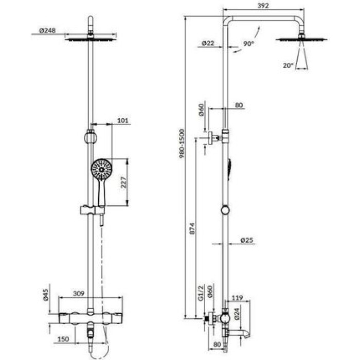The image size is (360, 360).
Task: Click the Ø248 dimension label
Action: [47, 30]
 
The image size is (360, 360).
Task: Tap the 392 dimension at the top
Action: [263, 6]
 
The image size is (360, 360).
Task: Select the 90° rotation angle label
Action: [248, 43]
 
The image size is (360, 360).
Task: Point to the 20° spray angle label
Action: [288, 65]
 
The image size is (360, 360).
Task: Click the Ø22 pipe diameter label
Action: [208, 43]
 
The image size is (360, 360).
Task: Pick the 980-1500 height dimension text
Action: [182, 143]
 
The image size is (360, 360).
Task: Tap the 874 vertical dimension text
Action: [192, 228]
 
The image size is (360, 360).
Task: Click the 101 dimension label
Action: [123, 120]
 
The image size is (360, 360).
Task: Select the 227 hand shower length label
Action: [123, 183]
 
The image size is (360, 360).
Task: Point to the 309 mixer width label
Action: [79, 294]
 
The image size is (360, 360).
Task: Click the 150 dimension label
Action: [63, 339]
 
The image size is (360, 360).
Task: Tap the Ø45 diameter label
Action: [45, 295]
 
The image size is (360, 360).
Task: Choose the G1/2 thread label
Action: [201, 293]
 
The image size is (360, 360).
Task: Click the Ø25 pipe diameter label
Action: [247, 240]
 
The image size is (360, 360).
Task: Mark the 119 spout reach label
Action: [237, 298]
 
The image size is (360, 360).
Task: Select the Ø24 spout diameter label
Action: [237, 314]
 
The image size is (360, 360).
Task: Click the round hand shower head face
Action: [101, 169]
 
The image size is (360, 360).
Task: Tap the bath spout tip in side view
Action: [248, 335]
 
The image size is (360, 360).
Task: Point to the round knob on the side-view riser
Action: [225, 210]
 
